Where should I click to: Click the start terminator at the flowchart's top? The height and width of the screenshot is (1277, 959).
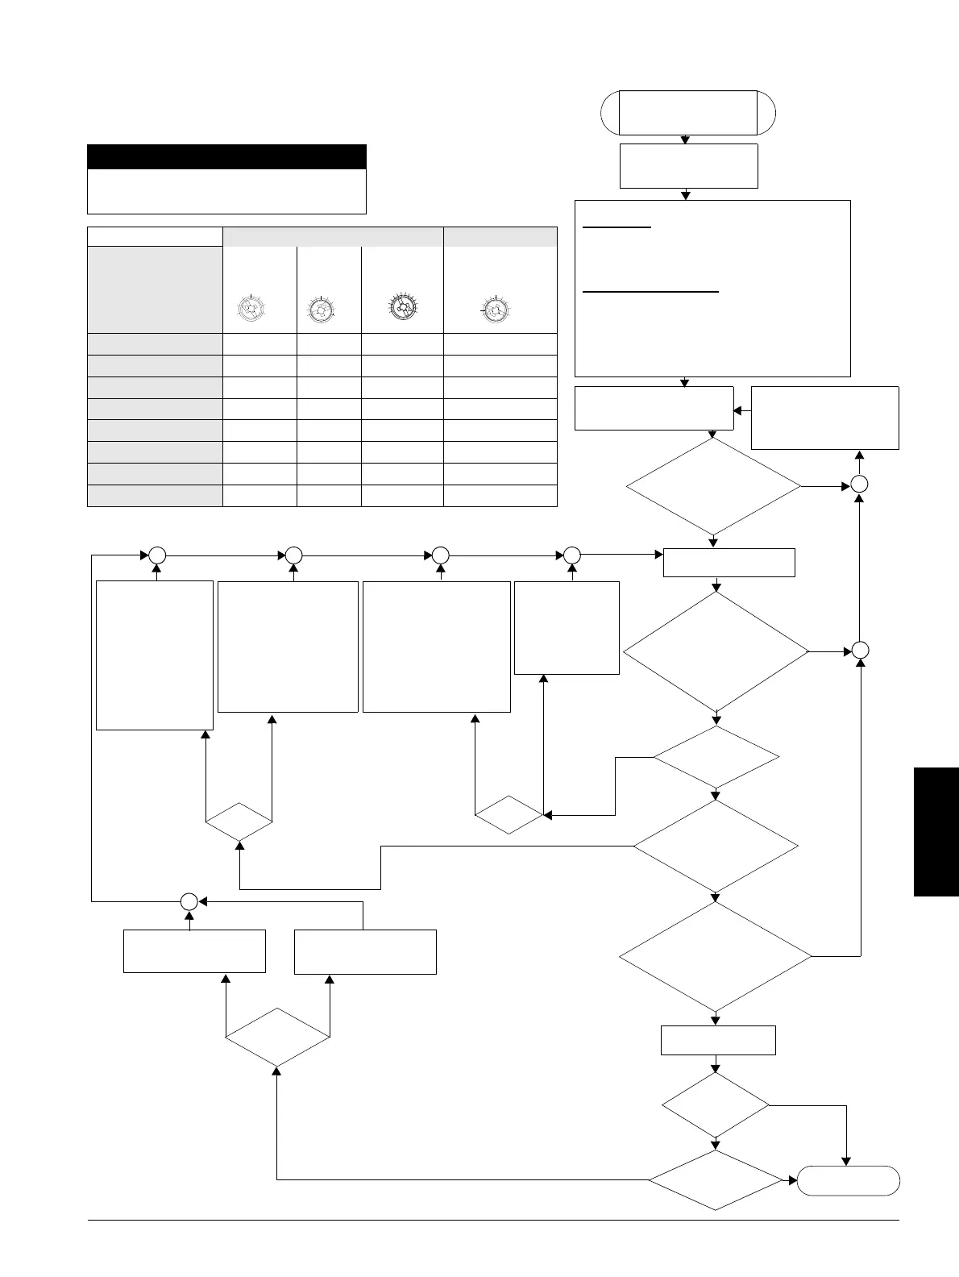point(688,112)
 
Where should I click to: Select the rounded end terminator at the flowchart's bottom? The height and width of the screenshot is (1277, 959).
point(848,1180)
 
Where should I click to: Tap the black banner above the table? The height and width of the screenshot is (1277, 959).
point(226,156)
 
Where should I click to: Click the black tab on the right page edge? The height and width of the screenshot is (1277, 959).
point(936,831)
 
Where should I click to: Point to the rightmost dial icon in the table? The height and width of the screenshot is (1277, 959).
point(494,310)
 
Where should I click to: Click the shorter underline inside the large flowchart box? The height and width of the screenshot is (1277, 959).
point(616,228)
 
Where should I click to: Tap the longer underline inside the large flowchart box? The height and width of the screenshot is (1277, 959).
point(650,293)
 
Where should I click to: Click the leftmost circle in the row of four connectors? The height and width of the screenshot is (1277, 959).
point(156,555)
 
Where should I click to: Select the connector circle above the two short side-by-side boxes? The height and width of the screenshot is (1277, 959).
point(189,901)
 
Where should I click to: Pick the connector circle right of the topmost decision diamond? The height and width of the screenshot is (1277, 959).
point(860,485)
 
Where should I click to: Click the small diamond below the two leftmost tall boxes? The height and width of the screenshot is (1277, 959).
point(239,822)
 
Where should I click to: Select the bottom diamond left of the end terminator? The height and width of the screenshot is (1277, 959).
point(716,1180)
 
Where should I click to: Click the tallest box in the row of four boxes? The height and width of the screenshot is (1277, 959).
point(154,655)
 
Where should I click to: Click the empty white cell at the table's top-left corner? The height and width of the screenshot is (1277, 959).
point(155,236)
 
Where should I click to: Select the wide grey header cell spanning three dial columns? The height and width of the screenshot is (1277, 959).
point(333,236)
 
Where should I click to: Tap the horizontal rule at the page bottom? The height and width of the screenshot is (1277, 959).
point(492,1221)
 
